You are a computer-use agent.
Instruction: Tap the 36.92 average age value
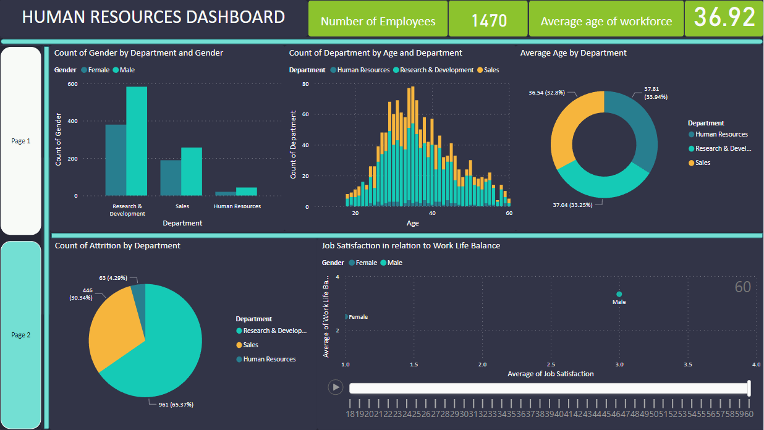click(724, 18)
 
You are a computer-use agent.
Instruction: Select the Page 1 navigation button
click(21, 141)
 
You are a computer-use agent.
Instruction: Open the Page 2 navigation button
click(21, 335)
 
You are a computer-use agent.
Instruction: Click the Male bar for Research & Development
click(137, 141)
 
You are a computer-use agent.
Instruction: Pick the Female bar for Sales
click(171, 178)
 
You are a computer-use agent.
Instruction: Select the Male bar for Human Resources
click(246, 192)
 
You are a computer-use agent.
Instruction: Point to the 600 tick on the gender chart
click(72, 84)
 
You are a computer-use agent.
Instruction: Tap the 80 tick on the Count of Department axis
click(305, 84)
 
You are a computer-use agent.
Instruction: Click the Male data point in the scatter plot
click(619, 294)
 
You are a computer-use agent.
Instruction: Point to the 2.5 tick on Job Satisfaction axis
click(551, 365)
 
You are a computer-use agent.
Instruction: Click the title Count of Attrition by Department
click(117, 245)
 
